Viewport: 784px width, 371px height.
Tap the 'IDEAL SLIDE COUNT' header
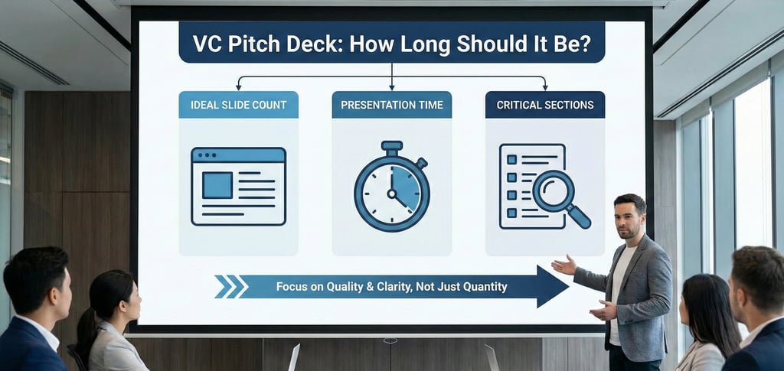(x=238, y=105)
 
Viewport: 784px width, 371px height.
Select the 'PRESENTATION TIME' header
(x=391, y=105)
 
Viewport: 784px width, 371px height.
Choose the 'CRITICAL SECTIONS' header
(x=544, y=105)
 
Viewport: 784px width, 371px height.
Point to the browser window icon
(x=238, y=186)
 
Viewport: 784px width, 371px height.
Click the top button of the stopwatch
(x=391, y=145)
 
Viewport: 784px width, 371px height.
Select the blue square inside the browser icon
(x=217, y=185)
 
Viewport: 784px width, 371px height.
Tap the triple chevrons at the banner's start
(x=230, y=287)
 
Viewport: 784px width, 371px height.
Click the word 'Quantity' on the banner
(x=484, y=287)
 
